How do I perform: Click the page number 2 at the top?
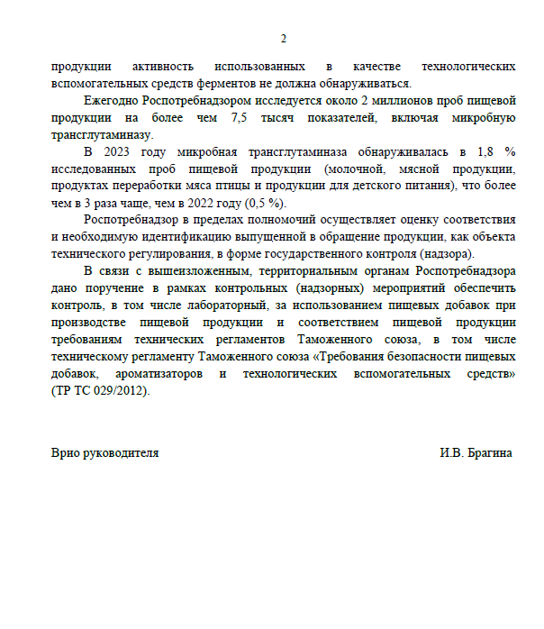[284, 39]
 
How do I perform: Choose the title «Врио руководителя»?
[105, 453]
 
